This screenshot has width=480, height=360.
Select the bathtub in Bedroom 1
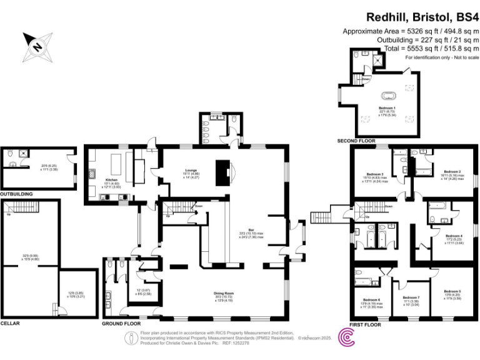[x=391, y=96]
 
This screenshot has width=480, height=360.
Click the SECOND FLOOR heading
[x=356, y=141]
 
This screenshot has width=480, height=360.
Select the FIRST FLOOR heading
[x=365, y=325]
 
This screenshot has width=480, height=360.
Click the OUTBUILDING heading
[x=16, y=194]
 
